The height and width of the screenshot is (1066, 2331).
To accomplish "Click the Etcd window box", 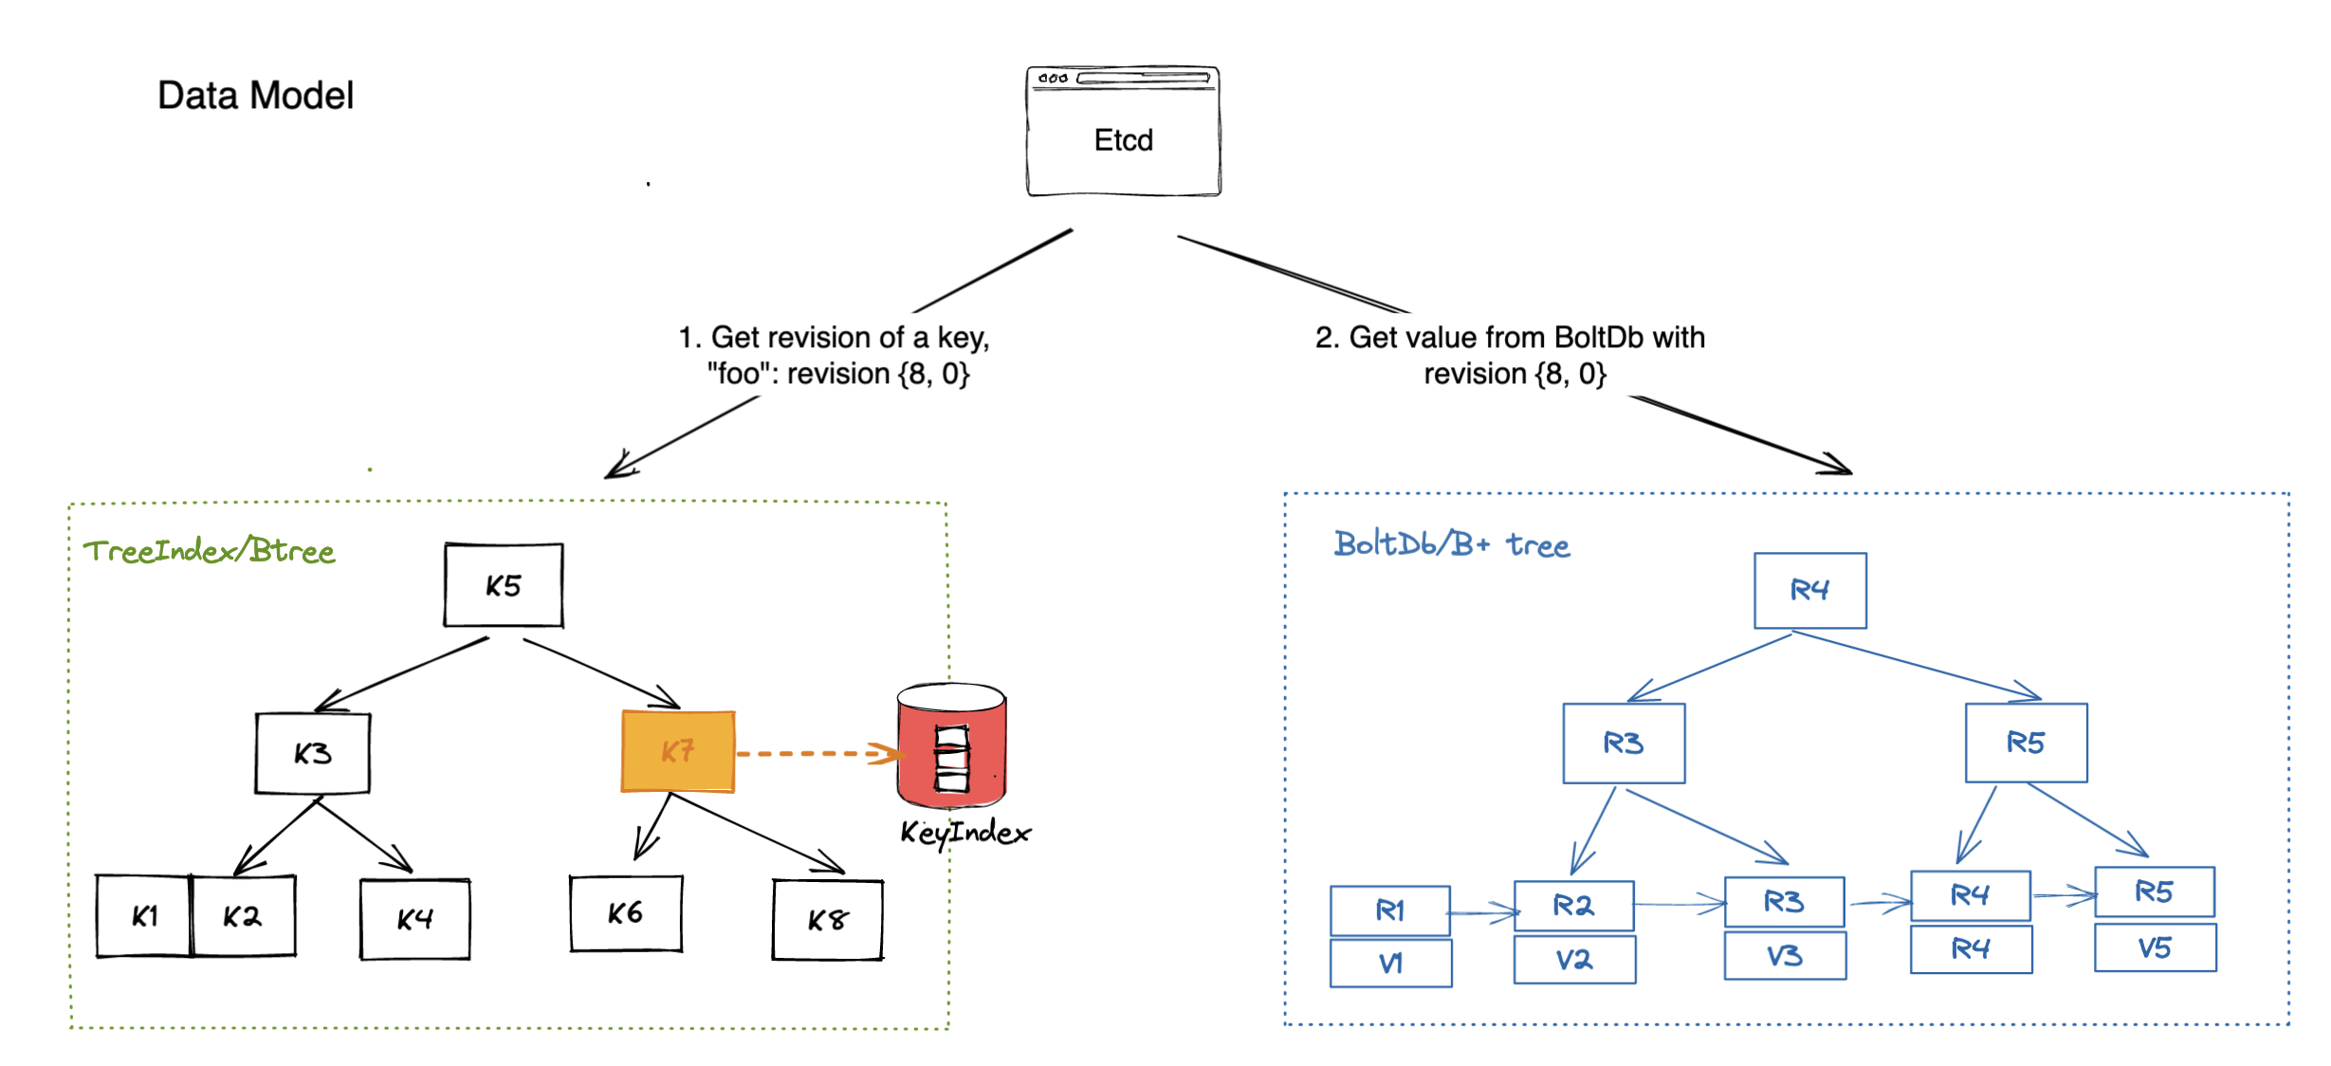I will click(x=1123, y=133).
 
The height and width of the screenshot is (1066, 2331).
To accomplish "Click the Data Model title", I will click(x=255, y=96).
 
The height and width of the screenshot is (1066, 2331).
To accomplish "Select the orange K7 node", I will click(x=678, y=751).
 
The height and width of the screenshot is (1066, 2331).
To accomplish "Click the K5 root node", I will click(x=504, y=585).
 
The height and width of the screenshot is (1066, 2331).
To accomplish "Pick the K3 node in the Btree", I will click(x=312, y=753).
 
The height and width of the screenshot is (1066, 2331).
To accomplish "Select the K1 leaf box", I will click(x=144, y=916).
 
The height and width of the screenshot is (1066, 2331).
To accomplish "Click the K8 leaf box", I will click(x=827, y=920).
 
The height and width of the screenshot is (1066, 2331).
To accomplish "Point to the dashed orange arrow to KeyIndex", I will click(x=816, y=754).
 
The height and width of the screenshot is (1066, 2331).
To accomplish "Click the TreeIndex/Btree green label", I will click(x=209, y=551).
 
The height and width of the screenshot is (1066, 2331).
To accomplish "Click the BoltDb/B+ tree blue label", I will click(x=1451, y=544).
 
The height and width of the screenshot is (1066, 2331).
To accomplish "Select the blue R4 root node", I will click(x=1809, y=590).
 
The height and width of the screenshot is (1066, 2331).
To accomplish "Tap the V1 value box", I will click(x=1390, y=964).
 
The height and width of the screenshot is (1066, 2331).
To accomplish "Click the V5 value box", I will click(x=2155, y=948).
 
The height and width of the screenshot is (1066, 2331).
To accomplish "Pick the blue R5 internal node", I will click(x=2026, y=743).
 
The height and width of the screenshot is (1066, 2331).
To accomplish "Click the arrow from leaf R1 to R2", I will click(x=1482, y=912).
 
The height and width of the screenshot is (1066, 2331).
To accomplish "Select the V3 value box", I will click(x=1784, y=956).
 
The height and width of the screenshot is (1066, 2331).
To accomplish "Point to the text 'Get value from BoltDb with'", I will click(x=1510, y=338).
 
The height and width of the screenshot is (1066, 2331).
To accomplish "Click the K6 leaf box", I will click(x=625, y=913).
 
